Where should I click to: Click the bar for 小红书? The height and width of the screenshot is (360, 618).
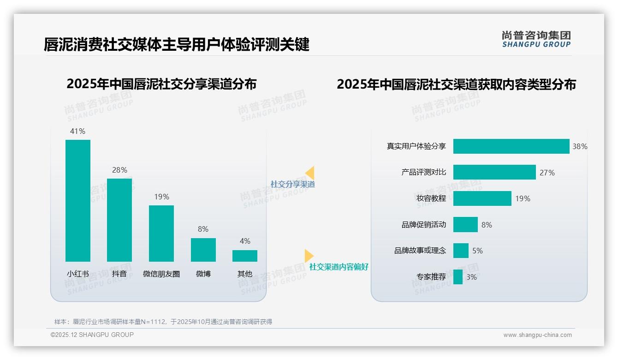(78, 201)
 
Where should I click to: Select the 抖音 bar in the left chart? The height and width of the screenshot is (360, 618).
(119, 220)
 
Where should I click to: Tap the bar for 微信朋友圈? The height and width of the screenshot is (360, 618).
(161, 234)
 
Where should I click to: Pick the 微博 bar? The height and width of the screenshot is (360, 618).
(203, 250)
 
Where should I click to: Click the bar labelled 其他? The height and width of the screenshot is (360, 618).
(245, 256)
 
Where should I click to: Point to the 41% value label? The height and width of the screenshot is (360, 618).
(77, 131)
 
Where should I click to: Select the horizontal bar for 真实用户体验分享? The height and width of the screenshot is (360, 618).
(511, 146)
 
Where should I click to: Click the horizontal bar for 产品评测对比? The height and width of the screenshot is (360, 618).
(494, 172)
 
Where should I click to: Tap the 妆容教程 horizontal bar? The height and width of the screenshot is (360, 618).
(482, 198)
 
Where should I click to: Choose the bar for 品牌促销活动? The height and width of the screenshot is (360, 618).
(465, 225)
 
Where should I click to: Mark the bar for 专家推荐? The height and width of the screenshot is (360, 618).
(458, 277)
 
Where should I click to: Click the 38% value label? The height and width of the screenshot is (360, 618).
(580, 146)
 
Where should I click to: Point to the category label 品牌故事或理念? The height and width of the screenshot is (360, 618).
(420, 251)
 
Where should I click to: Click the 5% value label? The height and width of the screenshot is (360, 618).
(477, 251)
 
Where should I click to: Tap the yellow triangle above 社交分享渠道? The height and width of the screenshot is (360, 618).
(310, 173)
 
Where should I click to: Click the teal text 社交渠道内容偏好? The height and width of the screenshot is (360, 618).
(339, 267)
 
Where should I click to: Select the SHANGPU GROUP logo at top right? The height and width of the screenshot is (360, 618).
(536, 39)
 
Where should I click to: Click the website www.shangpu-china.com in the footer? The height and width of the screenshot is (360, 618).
(537, 335)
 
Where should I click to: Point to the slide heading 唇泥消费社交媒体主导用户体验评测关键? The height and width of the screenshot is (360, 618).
(177, 45)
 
